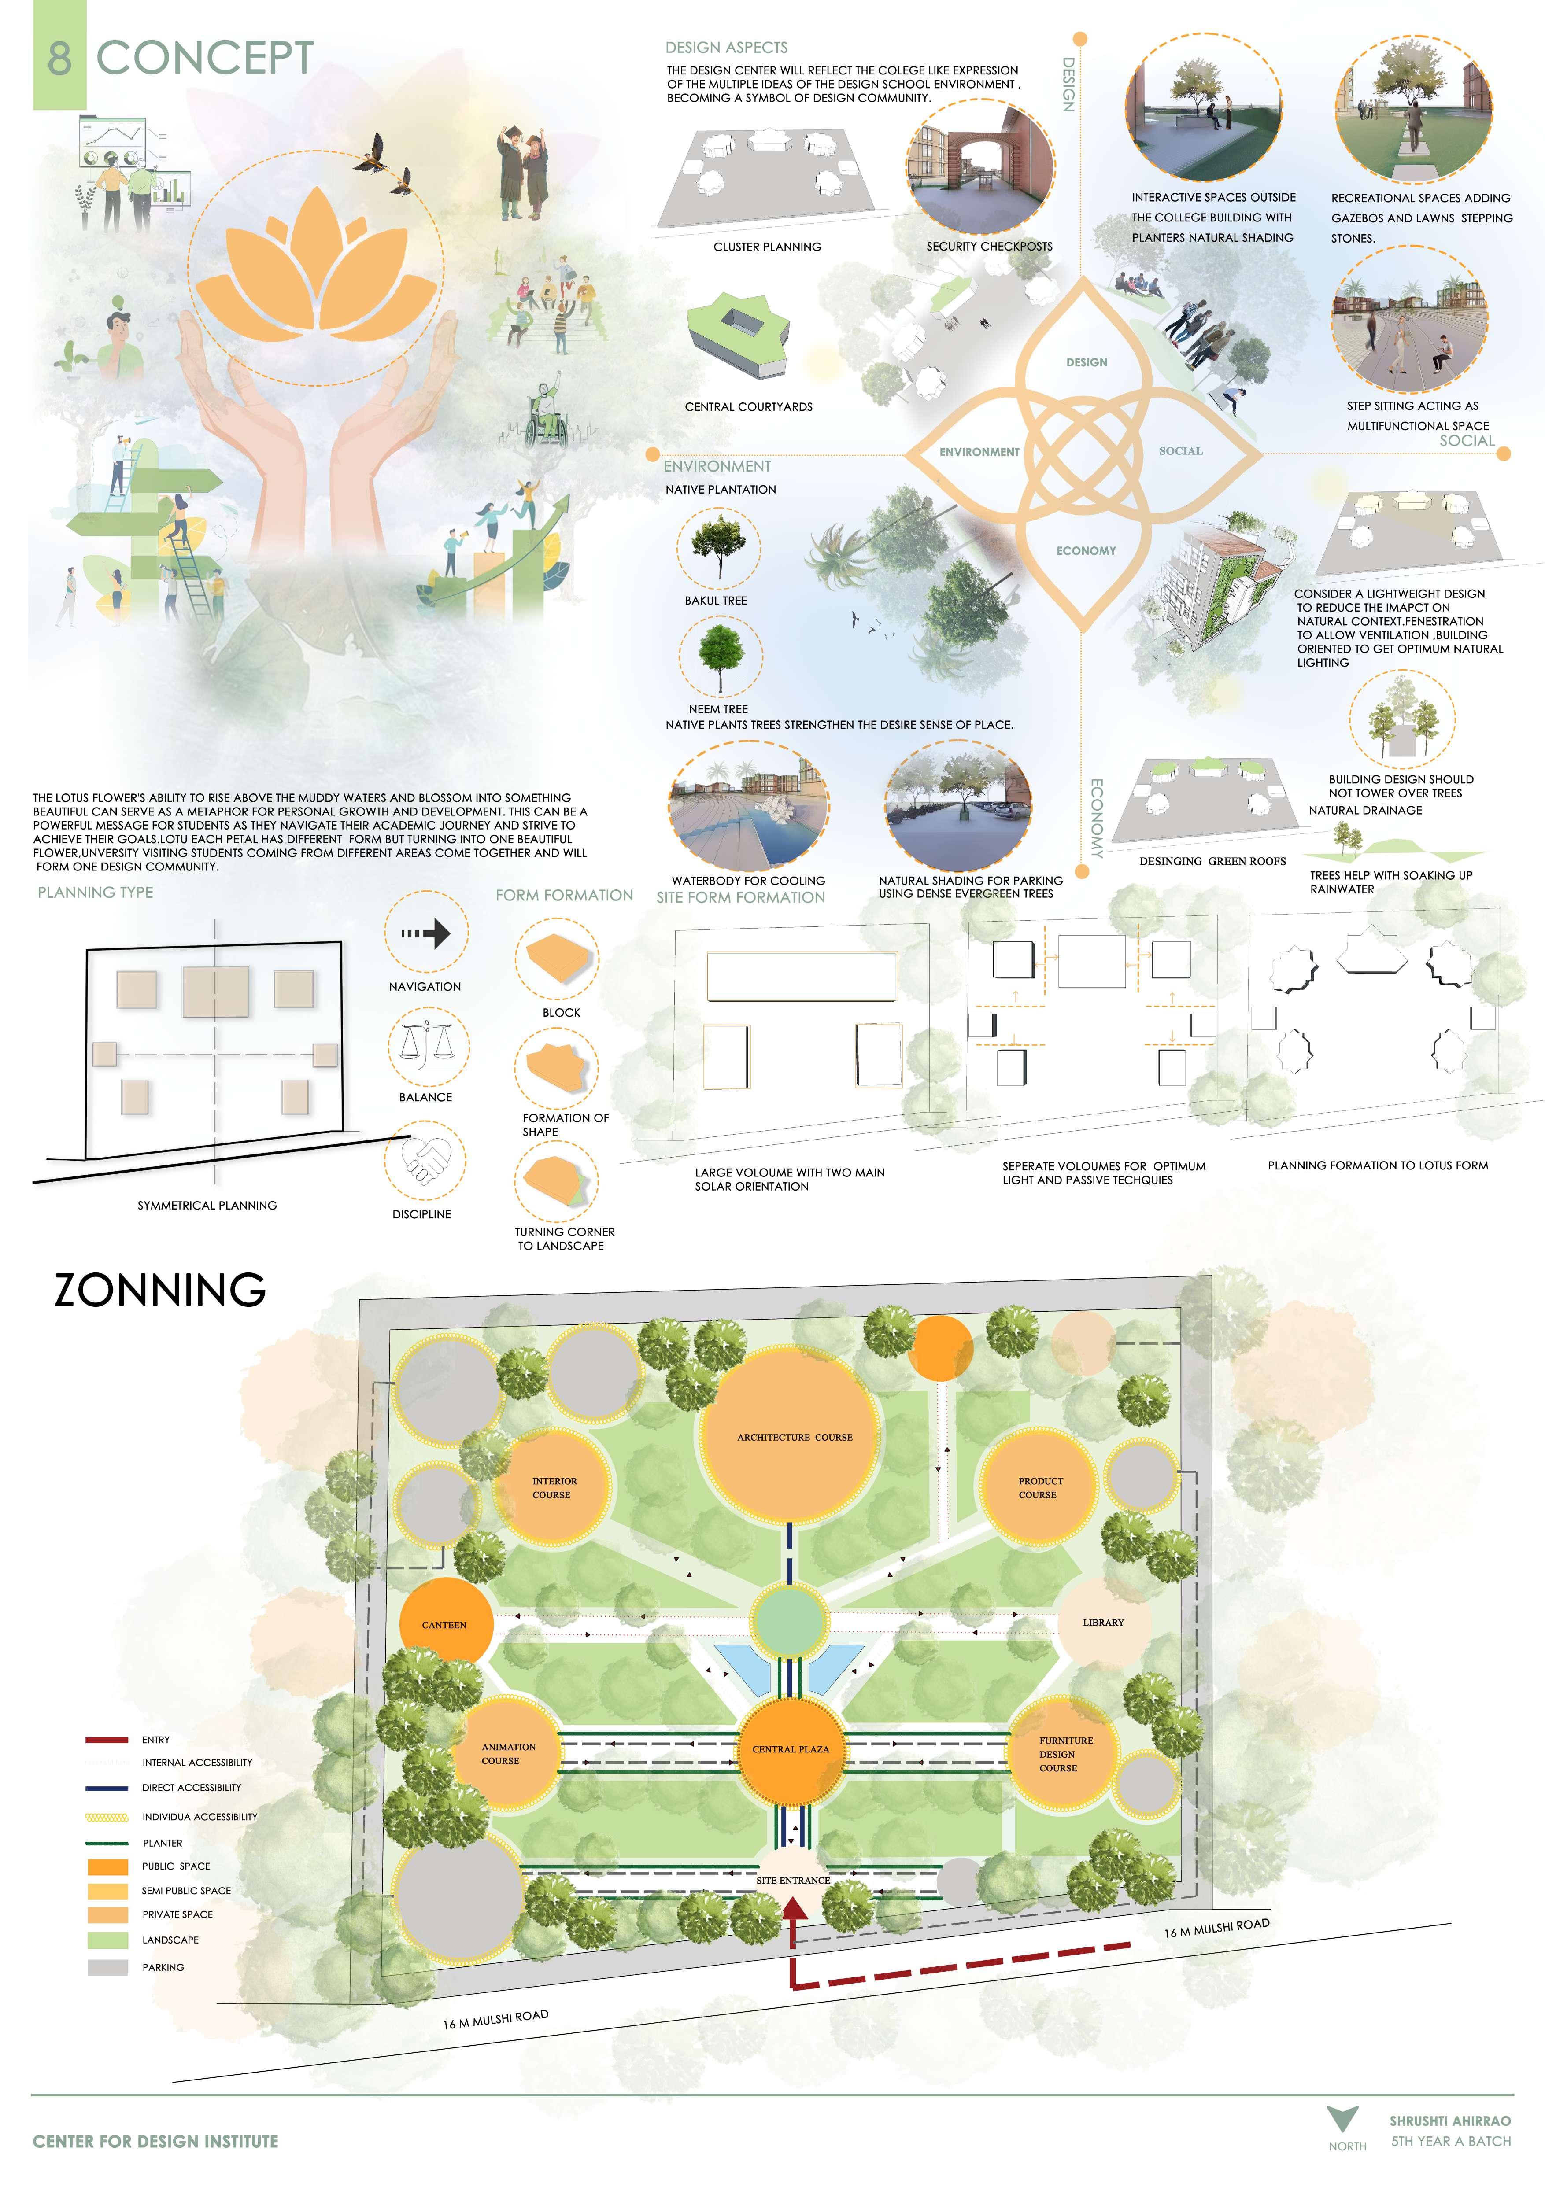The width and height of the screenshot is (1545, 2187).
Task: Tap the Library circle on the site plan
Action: [1103, 1622]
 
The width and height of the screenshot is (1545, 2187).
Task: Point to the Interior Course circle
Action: [554, 1488]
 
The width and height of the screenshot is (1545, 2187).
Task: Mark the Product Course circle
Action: [1038, 1488]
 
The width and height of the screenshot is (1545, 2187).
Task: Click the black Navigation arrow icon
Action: [426, 933]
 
